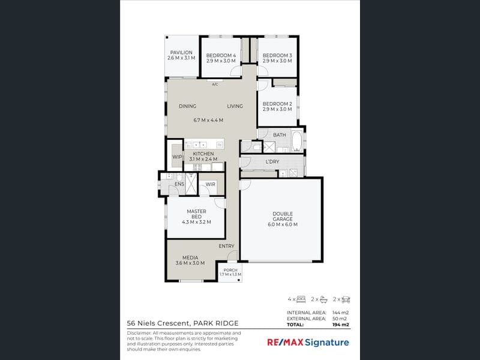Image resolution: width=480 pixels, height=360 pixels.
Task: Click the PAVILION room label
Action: tap(181, 53)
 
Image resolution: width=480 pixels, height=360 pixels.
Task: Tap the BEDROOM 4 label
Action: tap(221, 55)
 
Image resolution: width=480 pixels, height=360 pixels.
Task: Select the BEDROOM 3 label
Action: tap(277, 55)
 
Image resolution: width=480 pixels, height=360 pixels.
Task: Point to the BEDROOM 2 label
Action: tap(277, 104)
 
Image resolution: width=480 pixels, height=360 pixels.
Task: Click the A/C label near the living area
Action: tap(215, 85)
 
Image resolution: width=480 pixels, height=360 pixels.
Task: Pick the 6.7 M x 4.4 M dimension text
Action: tap(208, 121)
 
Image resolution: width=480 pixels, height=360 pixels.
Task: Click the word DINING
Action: tap(188, 106)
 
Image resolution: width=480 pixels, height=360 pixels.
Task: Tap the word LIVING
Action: tap(235, 106)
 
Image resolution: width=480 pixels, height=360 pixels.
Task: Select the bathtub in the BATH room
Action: tap(297, 140)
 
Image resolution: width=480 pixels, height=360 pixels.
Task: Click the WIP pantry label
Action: tap(177, 157)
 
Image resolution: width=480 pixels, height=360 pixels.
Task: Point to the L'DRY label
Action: tap(272, 161)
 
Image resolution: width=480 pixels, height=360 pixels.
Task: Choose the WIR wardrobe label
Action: tap(211, 184)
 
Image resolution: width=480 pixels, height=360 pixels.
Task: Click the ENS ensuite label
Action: tap(179, 184)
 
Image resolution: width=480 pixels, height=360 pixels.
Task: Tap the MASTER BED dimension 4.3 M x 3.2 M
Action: tap(197, 222)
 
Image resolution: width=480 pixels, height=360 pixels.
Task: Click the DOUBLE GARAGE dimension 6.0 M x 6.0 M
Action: tap(283, 224)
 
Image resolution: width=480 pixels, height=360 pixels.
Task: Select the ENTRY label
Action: tap(227, 246)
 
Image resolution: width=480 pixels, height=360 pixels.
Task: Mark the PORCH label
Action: tap(230, 270)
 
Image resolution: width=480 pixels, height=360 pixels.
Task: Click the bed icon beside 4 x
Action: tap(301, 299)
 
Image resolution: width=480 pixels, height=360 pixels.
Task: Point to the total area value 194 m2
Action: tap(341, 325)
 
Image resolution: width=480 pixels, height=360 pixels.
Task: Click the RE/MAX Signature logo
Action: tap(308, 343)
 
